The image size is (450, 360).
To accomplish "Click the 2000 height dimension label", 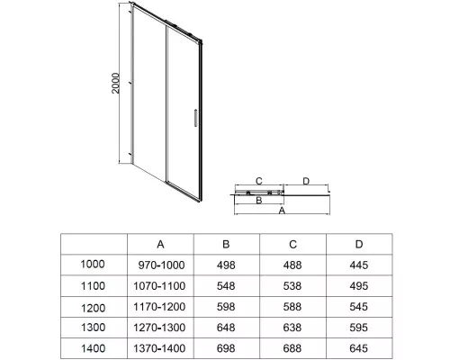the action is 115,83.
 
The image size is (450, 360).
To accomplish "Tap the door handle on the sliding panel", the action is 195,118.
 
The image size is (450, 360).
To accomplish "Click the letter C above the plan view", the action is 259,181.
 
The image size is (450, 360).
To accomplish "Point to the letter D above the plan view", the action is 306,181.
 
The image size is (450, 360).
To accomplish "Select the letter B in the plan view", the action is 259,200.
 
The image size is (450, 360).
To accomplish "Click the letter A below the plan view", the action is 282,211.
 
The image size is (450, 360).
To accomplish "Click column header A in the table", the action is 160,245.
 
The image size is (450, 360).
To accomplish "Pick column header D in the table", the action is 359,245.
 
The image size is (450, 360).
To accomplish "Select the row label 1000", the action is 93,265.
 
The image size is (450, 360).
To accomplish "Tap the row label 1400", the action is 93,348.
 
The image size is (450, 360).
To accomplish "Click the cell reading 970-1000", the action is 161,265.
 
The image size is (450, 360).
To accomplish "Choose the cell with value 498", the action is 226,265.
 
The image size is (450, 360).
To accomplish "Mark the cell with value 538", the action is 292,286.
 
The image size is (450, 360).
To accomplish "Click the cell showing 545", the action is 359,307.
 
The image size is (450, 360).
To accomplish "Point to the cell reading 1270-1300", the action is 159,328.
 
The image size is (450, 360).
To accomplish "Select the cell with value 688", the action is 292,348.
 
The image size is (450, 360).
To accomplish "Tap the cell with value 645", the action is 359,348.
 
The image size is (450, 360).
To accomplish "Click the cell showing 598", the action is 226,307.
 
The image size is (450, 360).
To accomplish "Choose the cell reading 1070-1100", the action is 159,286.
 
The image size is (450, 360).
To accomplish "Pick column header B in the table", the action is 226,245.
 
